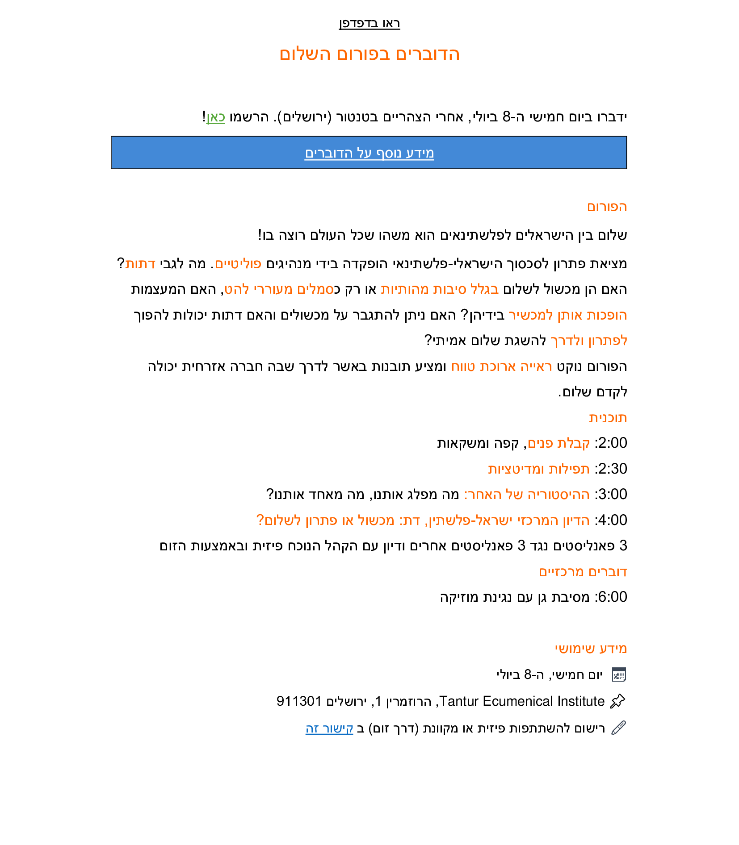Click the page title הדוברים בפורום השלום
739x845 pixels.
[369, 54]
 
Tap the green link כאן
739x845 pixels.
[215, 117]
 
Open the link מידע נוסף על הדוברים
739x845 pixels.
[369, 153]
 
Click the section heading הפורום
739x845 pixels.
[607, 207]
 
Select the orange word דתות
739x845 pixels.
[140, 264]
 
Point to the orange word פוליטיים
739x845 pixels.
[238, 264]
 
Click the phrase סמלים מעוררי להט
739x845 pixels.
[279, 289]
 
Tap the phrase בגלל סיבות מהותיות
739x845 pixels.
[439, 289]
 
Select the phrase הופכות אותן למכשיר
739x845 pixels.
[567, 315]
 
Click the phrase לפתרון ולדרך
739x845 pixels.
[588, 341]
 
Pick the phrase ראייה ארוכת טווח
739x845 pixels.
[501, 366]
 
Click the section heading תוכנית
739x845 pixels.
[608, 418]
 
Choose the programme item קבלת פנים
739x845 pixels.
[558, 443]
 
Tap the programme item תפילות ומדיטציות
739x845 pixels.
[538, 469]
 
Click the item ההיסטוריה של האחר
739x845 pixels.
[527, 495]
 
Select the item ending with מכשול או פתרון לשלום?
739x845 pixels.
[422, 520]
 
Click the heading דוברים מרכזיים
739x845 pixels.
[583, 572]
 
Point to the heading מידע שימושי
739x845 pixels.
[591, 649]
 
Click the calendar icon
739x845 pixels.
[619, 674]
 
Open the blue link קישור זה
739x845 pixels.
[329, 728]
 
